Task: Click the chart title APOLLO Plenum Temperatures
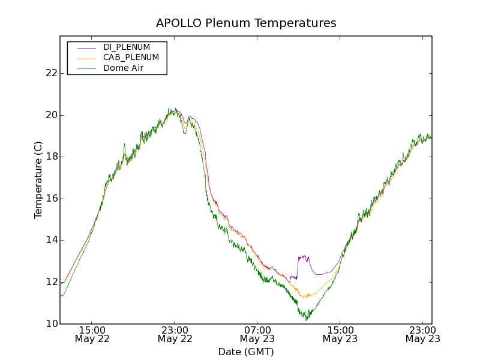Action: pyautogui.click(x=246, y=23)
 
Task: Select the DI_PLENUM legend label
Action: pyautogui.click(x=127, y=47)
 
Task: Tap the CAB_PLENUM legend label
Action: pyautogui.click(x=131, y=58)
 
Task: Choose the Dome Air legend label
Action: pyautogui.click(x=124, y=68)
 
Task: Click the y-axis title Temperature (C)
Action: pyautogui.click(x=38, y=180)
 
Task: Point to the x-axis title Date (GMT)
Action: pyautogui.click(x=246, y=352)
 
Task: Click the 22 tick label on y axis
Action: pyautogui.click(x=52, y=73)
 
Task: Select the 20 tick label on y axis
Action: pyautogui.click(x=52, y=115)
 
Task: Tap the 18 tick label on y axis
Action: pyautogui.click(x=52, y=157)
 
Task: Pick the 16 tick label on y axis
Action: pyautogui.click(x=52, y=199)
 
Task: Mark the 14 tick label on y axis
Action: pyautogui.click(x=52, y=240)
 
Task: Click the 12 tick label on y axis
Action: pyautogui.click(x=52, y=282)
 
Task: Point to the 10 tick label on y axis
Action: pyautogui.click(x=52, y=324)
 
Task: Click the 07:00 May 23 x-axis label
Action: pyautogui.click(x=257, y=334)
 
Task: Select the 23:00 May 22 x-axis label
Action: pyautogui.click(x=174, y=334)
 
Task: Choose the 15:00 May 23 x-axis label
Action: pyautogui.click(x=340, y=334)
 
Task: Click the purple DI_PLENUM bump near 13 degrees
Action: pyautogui.click(x=303, y=258)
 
